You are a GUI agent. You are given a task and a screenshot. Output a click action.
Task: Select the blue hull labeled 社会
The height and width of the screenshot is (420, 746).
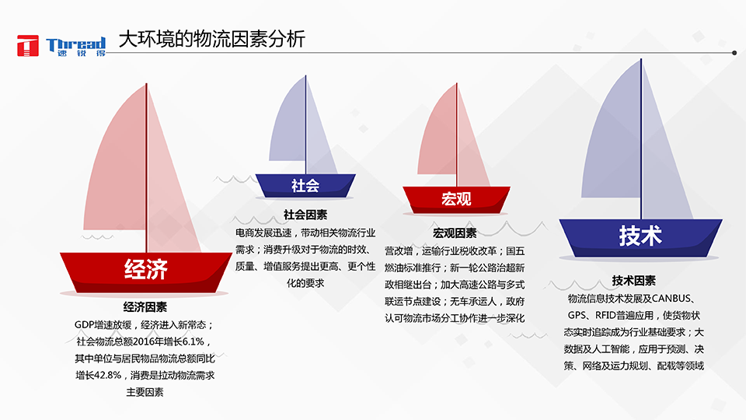[x=305, y=185]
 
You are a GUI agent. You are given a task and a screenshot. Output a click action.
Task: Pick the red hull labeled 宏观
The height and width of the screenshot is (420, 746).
[x=456, y=198]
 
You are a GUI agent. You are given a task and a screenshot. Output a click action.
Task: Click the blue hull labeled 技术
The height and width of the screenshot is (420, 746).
[x=640, y=236]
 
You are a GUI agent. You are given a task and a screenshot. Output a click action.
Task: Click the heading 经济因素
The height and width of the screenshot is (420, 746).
[x=145, y=306]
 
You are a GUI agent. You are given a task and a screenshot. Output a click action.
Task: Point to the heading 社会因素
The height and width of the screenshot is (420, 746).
[x=305, y=214]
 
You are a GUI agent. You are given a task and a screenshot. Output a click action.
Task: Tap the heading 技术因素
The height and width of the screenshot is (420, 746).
[x=633, y=280]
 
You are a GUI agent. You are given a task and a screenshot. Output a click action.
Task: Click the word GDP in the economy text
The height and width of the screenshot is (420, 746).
[x=85, y=324]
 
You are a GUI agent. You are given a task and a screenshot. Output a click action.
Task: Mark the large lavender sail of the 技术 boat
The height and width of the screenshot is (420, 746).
[x=614, y=148]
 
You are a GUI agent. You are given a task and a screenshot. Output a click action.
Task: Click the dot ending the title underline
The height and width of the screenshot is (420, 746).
[x=734, y=53]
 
